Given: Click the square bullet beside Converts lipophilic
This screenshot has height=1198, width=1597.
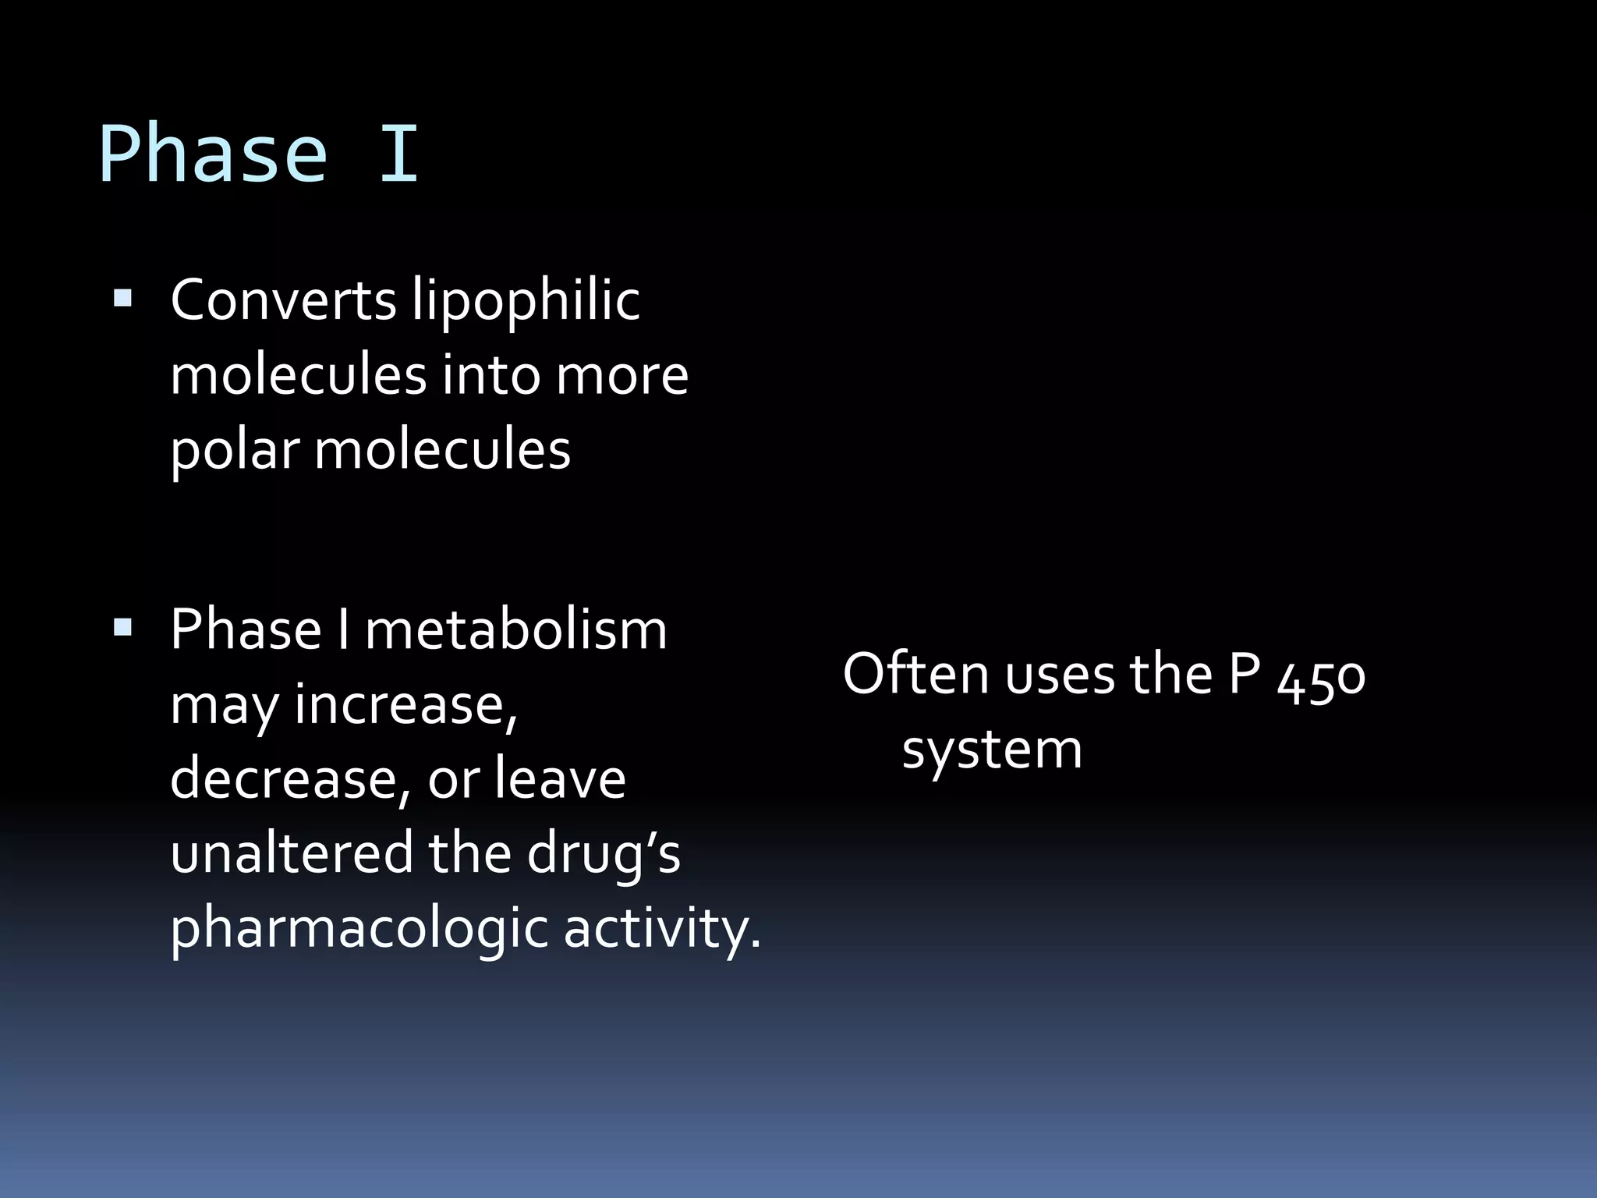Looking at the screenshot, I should click(122, 299).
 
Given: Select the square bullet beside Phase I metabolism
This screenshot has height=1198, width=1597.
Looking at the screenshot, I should click(122, 627).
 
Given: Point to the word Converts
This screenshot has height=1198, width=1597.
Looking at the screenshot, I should click(283, 300).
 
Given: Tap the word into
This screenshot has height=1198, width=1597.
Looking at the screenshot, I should click(490, 376).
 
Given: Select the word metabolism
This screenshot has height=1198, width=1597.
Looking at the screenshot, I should click(515, 629).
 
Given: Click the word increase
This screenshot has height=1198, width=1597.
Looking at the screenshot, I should click(405, 705).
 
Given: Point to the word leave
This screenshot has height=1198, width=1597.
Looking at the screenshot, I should click(560, 779).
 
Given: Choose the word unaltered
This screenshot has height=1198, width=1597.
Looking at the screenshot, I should click(292, 853).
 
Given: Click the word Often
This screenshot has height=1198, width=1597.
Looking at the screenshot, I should click(916, 674).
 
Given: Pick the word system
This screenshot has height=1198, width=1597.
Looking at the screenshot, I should click(992, 750).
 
